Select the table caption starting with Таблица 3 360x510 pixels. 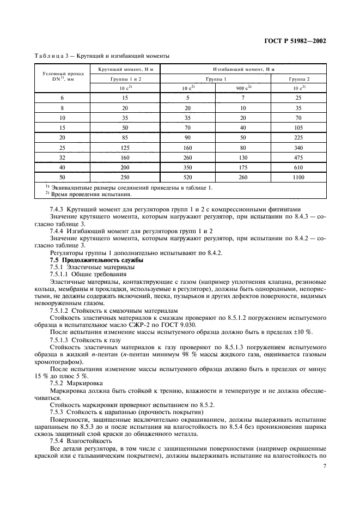click(102, 56)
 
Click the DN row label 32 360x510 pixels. click(62, 157)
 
